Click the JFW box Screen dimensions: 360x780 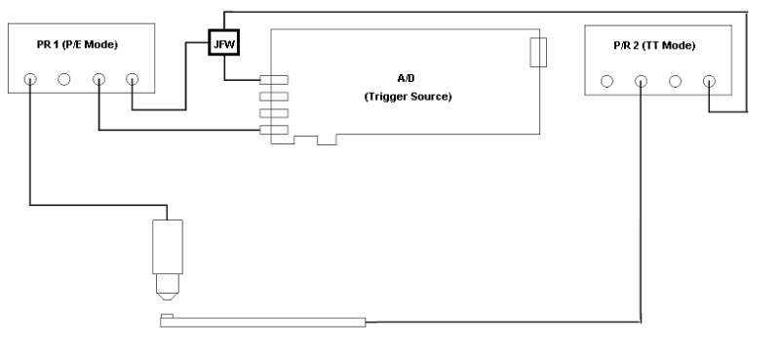pyautogui.click(x=224, y=44)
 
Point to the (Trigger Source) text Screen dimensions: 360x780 pyautogui.click(x=406, y=99)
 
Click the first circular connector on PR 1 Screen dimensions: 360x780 pyautogui.click(x=31, y=79)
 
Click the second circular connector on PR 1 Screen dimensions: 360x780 pyautogui.click(x=65, y=79)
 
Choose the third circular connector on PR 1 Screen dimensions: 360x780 pyautogui.click(x=99, y=79)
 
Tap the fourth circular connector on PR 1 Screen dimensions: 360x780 pyautogui.click(x=133, y=79)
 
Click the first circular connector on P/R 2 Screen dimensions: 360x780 pyautogui.click(x=607, y=81)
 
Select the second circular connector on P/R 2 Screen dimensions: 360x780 pyautogui.click(x=642, y=81)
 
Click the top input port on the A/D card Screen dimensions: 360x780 pyautogui.click(x=274, y=80)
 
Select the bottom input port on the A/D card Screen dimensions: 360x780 pyautogui.click(x=274, y=130)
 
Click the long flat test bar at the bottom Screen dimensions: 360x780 pyautogui.click(x=263, y=323)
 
